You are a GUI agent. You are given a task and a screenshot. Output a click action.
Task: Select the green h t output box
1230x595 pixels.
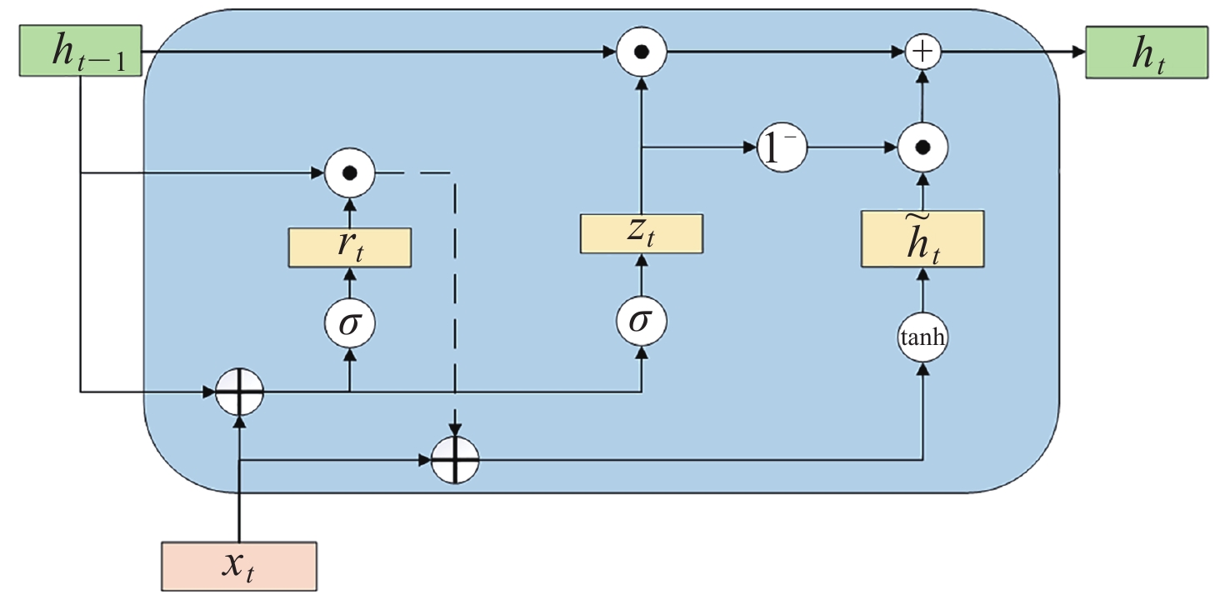pos(1146,52)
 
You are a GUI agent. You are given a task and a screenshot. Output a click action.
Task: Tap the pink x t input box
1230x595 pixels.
pos(239,566)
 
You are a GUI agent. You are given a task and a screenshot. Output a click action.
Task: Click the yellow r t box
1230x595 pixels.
pos(350,247)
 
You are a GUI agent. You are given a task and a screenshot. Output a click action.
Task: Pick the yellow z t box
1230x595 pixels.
pos(641,234)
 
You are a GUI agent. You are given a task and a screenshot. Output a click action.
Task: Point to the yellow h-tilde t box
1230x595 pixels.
pos(922,239)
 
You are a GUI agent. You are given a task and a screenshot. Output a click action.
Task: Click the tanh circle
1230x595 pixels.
pos(923,339)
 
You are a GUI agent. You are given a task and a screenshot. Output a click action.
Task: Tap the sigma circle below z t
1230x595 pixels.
pos(641,321)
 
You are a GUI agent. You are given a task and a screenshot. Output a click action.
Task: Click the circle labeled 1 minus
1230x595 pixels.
pos(782,149)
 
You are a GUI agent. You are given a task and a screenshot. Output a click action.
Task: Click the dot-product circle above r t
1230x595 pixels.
pos(350,173)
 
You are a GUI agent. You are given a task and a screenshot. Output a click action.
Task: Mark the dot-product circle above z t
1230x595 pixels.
pos(641,52)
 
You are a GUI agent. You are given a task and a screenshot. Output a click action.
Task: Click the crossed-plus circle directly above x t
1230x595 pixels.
pos(239,390)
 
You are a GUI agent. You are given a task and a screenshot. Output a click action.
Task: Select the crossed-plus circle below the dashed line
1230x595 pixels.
pos(456,459)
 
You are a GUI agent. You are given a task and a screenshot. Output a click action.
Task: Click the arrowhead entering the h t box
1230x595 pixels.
pos(1077,52)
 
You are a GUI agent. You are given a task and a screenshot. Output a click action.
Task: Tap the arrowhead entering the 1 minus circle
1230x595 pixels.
pos(749,149)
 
